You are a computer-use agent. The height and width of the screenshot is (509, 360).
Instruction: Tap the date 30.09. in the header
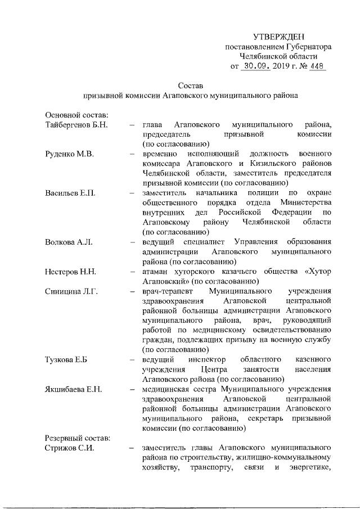click(256, 66)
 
